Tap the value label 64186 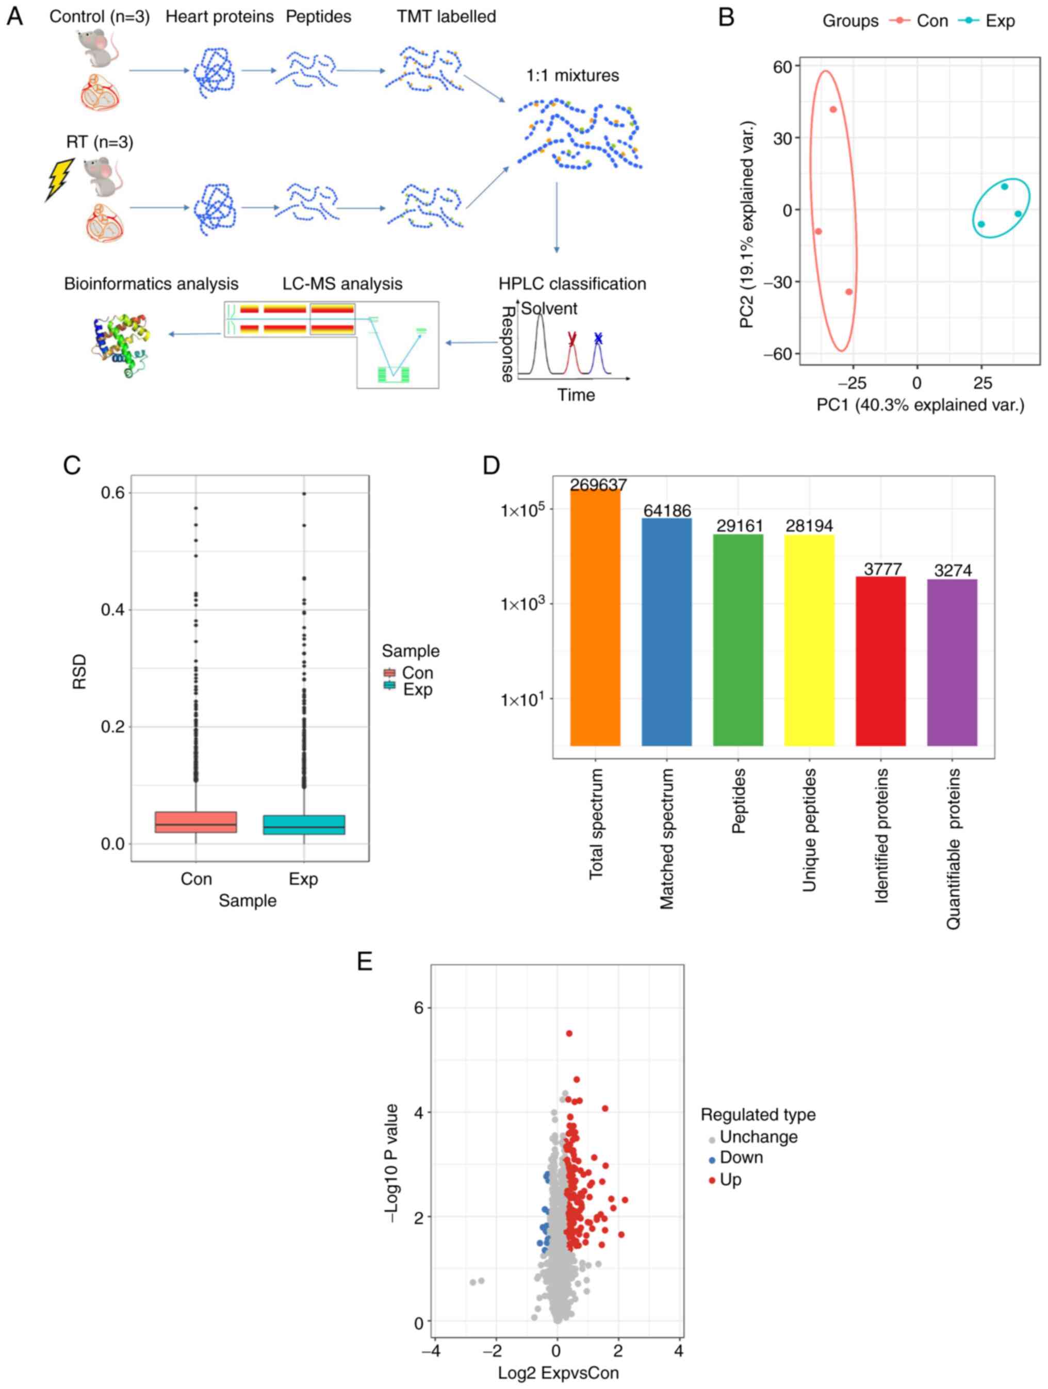667,511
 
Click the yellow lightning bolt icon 60,179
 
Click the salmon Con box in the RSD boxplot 196,822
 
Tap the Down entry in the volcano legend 741,1157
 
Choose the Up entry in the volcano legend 730,1179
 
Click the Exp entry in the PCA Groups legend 999,21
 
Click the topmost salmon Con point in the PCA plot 833,109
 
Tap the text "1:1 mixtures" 572,75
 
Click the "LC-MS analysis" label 342,284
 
